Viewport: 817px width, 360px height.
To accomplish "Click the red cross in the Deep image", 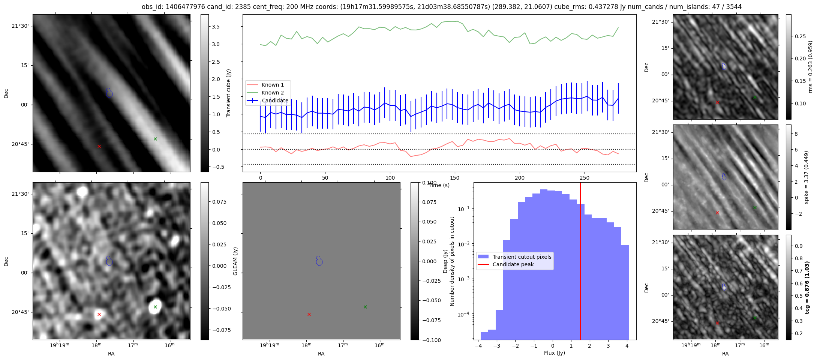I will (x=99, y=314).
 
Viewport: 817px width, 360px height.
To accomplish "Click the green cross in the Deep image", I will (x=155, y=307).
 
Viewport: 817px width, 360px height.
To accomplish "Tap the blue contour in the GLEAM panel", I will (x=319, y=261).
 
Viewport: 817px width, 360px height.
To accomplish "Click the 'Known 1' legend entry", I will (x=273, y=85).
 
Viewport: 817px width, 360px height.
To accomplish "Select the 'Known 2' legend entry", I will (x=273, y=93).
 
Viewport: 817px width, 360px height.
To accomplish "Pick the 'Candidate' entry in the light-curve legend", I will (x=275, y=100).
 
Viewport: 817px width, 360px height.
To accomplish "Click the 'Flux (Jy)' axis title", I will (x=554, y=353).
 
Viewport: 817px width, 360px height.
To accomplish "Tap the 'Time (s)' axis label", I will (x=439, y=185).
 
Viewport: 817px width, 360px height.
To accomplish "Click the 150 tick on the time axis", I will (x=455, y=178).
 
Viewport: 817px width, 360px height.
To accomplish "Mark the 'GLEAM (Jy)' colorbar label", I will (x=235, y=261).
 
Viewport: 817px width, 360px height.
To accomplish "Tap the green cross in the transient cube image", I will (x=155, y=139).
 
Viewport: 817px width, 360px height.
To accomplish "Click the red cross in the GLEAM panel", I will (x=309, y=314).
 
